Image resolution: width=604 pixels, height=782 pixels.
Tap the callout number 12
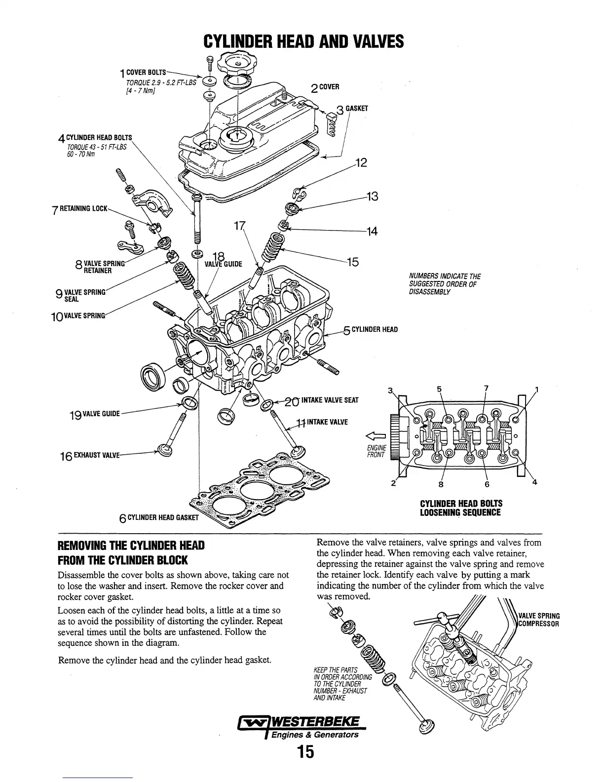coord(361,162)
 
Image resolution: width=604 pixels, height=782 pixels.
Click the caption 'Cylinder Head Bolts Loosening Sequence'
coord(461,508)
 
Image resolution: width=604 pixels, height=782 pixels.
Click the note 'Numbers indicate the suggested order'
coord(445,284)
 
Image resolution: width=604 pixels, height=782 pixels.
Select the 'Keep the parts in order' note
coord(340,684)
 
